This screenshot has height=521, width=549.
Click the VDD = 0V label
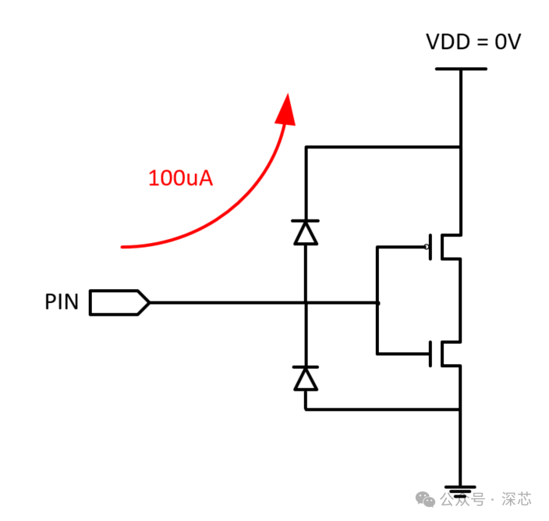[x=473, y=41]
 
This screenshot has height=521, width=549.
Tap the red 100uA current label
[x=181, y=178]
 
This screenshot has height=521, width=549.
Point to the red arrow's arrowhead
[x=286, y=109]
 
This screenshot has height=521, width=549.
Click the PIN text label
[x=62, y=302]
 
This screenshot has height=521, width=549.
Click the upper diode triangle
[x=306, y=233]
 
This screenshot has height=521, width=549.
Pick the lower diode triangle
[x=306, y=378]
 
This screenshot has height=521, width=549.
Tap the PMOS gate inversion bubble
[x=427, y=247]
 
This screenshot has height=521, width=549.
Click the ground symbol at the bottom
[x=461, y=491]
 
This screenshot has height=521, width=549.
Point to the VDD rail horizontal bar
[x=461, y=69]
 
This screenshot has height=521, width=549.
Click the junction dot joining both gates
[x=377, y=302]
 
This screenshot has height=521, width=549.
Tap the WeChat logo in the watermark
[x=424, y=498]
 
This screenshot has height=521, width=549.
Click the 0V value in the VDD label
[x=507, y=41]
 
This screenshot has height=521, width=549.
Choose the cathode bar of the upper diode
[x=306, y=221]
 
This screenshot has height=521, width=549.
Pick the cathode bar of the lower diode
[x=306, y=366]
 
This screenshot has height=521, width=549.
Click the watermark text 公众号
[x=462, y=498]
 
